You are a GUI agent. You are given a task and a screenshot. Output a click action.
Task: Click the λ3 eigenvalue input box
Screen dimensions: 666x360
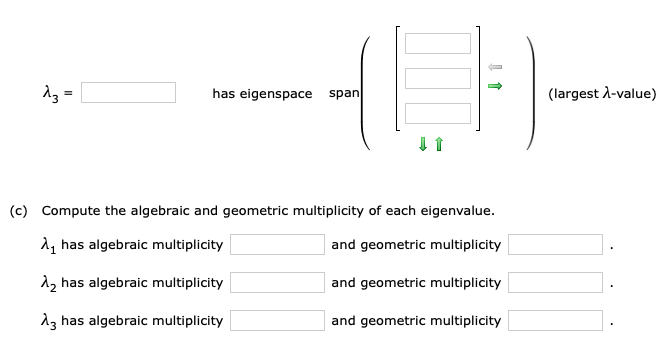pos(128,93)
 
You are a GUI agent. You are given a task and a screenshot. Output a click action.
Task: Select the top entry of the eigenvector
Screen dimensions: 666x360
pos(437,43)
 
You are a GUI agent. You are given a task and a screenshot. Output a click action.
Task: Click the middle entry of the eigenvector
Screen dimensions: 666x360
pos(437,78)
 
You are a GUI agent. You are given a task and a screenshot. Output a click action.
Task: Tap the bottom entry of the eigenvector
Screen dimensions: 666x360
pos(437,112)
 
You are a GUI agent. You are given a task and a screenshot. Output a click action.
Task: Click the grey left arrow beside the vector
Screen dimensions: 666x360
pos(494,66)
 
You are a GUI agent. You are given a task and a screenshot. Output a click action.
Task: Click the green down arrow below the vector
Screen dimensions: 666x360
pos(424,146)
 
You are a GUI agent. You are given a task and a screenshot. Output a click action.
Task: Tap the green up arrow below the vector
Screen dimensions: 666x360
pos(438,146)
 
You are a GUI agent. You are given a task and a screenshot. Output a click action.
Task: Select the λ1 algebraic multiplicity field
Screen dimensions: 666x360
pos(277,245)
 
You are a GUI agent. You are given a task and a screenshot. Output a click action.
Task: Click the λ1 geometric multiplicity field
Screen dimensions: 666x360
pos(555,245)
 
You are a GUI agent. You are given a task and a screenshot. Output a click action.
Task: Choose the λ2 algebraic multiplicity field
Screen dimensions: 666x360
pos(277,283)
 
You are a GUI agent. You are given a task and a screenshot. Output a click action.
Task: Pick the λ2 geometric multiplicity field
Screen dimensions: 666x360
pos(555,283)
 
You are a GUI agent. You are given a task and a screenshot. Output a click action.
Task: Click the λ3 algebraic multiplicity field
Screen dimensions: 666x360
pos(277,320)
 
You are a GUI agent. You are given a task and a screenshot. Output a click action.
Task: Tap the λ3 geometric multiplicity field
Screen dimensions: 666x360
pos(555,320)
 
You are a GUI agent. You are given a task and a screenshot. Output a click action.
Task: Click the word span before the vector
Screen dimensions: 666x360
pos(343,93)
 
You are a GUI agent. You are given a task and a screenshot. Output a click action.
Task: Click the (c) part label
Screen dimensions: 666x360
pos(18,211)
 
